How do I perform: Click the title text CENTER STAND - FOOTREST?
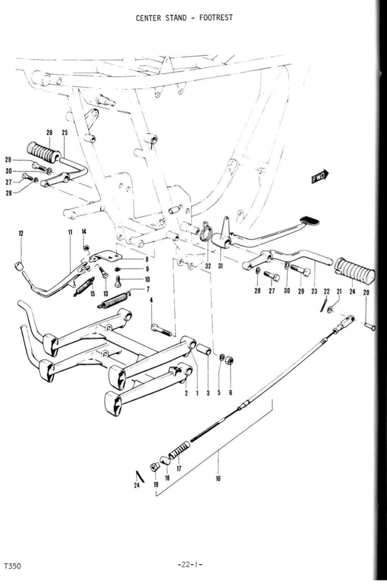click(184, 18)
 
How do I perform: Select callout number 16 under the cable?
click(219, 479)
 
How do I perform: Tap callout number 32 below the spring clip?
click(208, 265)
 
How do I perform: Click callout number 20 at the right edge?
click(366, 293)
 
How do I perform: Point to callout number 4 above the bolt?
click(151, 300)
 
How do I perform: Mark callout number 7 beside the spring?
click(147, 290)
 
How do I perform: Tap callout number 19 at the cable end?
click(155, 483)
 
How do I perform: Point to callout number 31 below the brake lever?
click(221, 266)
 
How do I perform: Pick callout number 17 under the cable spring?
click(179, 469)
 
